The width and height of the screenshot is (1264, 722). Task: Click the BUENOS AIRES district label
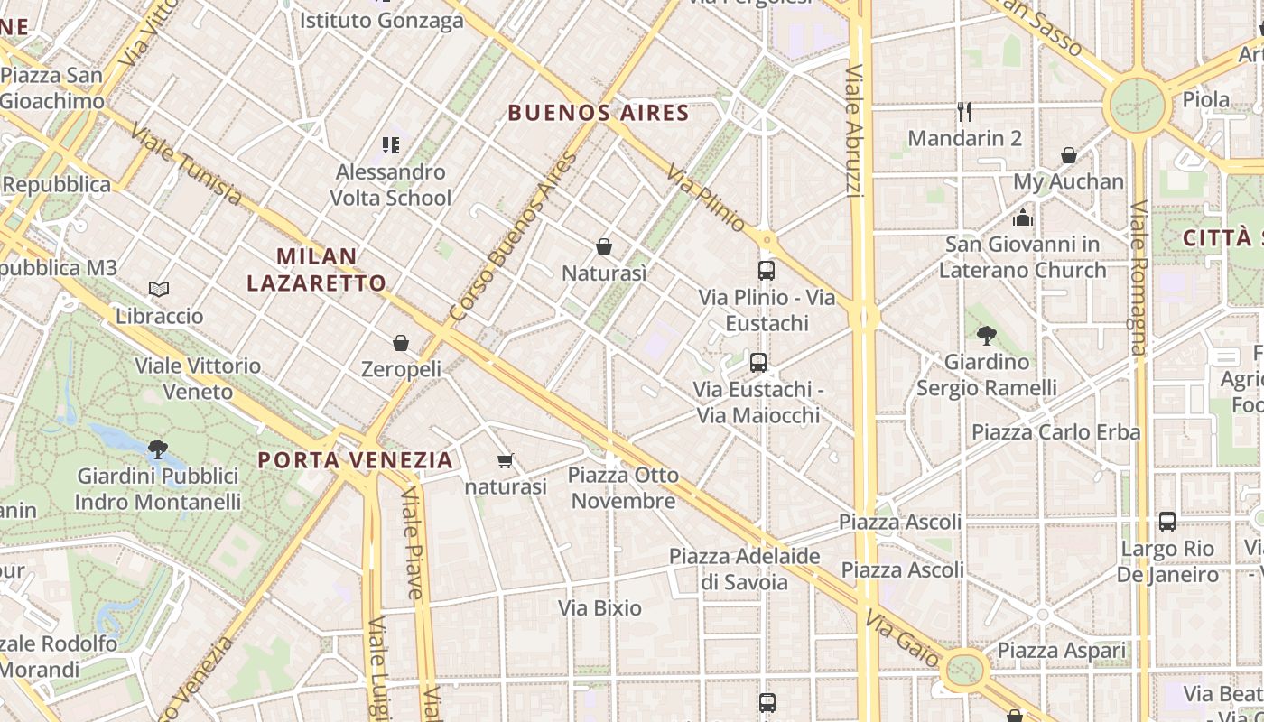[x=598, y=113]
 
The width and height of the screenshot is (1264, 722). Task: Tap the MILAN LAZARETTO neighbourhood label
[x=316, y=269]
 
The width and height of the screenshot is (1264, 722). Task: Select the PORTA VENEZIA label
[x=355, y=460]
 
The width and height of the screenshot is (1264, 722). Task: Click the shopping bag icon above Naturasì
[x=604, y=246]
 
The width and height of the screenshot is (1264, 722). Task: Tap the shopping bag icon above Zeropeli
[x=401, y=343]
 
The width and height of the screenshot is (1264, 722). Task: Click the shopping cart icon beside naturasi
[x=506, y=461]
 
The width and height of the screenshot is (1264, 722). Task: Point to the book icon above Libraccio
[x=159, y=290]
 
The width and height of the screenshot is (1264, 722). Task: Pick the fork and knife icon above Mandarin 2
[x=964, y=112]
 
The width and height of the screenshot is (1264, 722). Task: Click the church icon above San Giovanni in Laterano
[x=1022, y=218]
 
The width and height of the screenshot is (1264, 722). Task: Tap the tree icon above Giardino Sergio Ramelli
[x=987, y=336]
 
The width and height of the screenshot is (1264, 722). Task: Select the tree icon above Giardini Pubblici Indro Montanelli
[x=158, y=449]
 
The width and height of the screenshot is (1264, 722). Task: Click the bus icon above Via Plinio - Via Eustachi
[x=766, y=271]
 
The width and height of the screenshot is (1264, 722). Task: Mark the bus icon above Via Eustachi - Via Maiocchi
[x=758, y=363]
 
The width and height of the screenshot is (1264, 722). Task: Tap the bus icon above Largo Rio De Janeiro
[x=1167, y=522]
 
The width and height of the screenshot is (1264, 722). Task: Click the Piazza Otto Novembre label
[x=623, y=487]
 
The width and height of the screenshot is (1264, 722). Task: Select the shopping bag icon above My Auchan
[x=1069, y=155]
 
